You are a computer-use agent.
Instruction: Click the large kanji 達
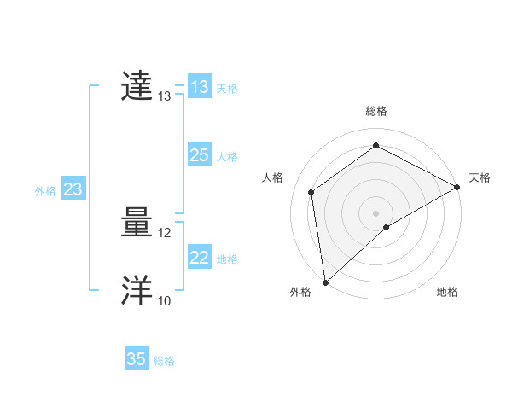137,87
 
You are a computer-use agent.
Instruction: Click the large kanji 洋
137,291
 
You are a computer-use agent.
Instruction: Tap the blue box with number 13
200,87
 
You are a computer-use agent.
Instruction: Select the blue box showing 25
200,155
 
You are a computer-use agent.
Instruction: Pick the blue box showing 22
200,258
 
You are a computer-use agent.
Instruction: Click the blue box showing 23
73,189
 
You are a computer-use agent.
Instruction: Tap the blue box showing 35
137,359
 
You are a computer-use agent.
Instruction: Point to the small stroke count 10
165,301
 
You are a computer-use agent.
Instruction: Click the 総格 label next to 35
164,361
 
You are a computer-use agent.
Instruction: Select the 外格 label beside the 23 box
45,191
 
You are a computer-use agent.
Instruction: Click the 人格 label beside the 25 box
227,157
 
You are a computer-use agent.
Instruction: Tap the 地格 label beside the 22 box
227,259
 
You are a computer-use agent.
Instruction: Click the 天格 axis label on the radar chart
480,177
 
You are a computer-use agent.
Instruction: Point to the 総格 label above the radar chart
376,111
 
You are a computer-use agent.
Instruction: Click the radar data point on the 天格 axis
457,187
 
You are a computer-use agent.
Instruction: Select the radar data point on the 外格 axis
325,282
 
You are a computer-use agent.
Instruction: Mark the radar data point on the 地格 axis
387,227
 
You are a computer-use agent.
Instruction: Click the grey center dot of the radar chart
375,212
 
